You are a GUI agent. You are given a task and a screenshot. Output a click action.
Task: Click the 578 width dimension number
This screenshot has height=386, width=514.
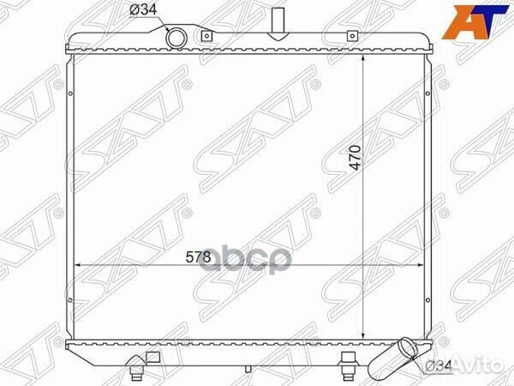pos(198,257)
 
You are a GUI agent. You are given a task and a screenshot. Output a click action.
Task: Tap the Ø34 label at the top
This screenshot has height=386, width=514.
pos(143,10)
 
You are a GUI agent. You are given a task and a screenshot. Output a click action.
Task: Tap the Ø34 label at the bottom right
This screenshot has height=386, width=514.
pos(439,365)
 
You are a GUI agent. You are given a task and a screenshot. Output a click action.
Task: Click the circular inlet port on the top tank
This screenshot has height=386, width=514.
pos(176,38)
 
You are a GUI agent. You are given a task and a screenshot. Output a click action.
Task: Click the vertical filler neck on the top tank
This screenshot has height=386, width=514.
pos(278,24)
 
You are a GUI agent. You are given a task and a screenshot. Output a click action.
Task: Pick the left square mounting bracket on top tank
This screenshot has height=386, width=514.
pos(206,35)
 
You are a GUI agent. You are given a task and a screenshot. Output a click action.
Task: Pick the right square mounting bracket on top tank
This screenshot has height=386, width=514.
pos(352,35)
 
